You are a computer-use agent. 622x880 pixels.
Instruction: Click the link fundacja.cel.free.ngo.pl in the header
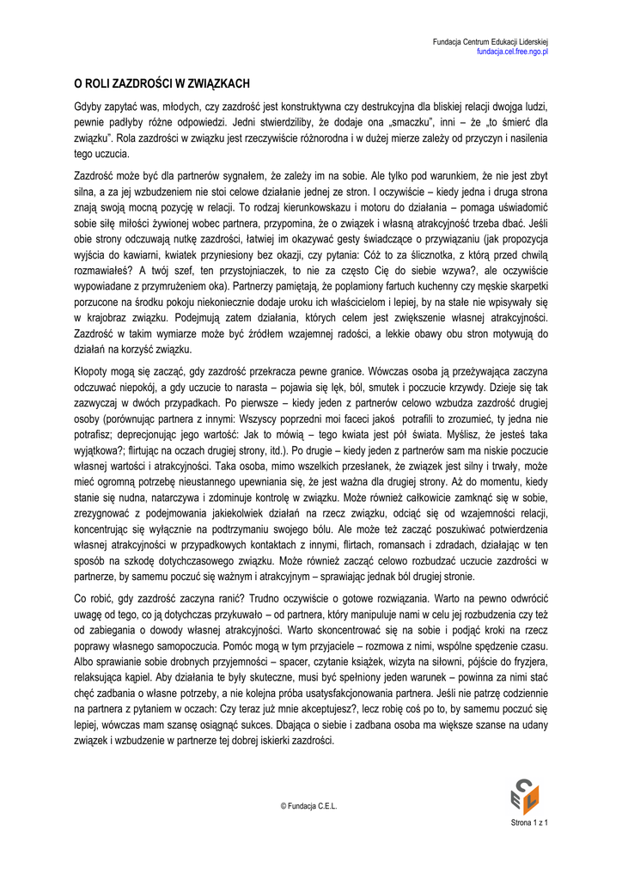point(513,52)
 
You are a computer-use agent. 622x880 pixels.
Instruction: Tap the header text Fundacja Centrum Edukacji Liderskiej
point(491,42)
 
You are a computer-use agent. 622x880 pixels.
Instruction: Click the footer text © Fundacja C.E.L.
point(310,805)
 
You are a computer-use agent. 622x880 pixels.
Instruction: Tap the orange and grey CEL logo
point(524,795)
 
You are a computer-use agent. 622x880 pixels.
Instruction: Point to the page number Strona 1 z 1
point(529,823)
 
